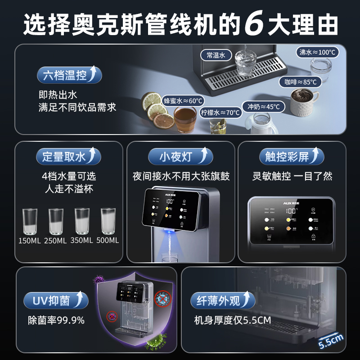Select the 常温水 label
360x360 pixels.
click(x=216, y=55)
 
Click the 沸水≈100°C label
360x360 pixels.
click(x=318, y=52)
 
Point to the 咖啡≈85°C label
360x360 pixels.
click(x=300, y=82)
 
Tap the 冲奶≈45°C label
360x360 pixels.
click(x=264, y=107)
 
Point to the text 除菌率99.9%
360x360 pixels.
click(x=56, y=320)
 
